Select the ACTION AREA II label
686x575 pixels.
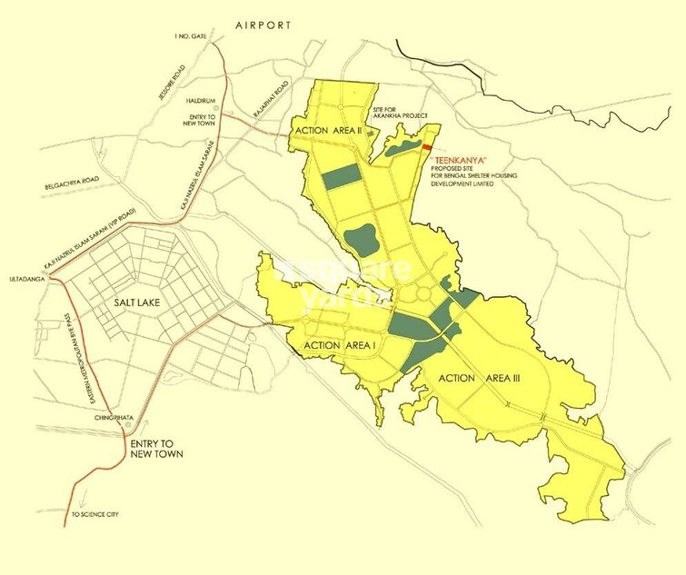pyautogui.click(x=328, y=132)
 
